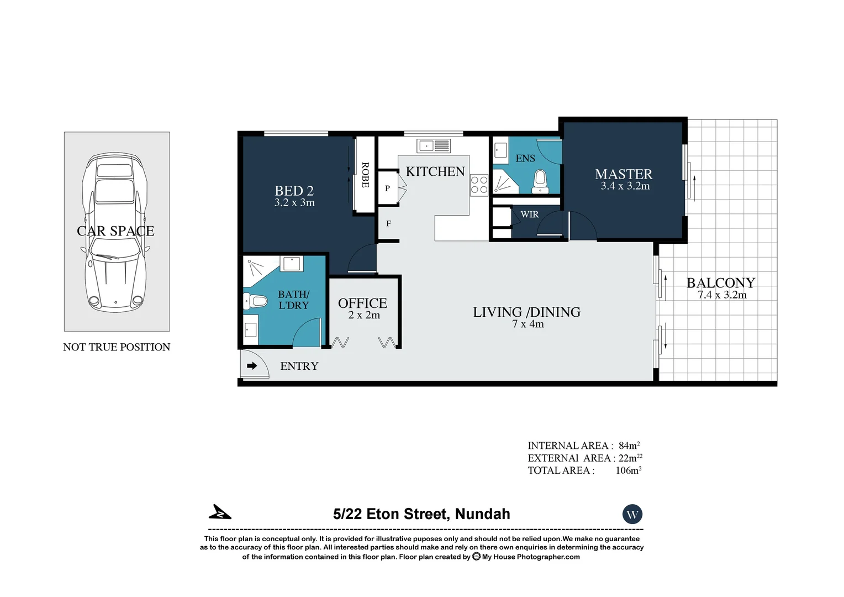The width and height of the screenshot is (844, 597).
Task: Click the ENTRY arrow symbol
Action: click(x=252, y=365)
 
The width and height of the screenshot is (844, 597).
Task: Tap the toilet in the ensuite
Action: click(x=539, y=181)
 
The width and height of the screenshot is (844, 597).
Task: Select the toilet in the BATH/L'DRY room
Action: click(x=255, y=302)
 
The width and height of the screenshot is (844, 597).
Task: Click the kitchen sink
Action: click(x=434, y=146)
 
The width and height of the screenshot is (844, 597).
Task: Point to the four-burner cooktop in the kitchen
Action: click(x=479, y=185)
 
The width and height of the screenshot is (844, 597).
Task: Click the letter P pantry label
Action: click(x=387, y=188)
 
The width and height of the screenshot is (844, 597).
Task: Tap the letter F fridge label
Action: click(x=388, y=224)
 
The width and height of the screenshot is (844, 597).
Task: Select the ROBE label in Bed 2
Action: click(x=365, y=175)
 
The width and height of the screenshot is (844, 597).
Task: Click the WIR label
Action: click(x=529, y=214)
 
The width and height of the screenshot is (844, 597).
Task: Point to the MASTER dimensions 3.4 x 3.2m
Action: click(x=625, y=186)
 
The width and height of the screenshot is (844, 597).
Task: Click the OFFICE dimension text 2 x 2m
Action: click(x=364, y=315)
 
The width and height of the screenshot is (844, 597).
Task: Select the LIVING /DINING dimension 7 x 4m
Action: click(x=527, y=324)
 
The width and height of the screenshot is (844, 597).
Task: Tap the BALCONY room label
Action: click(x=720, y=282)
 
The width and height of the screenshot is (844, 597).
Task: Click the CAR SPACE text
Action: click(x=115, y=231)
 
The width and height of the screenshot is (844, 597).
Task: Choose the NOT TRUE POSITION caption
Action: click(x=117, y=347)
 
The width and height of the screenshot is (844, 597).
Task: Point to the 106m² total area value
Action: click(x=628, y=470)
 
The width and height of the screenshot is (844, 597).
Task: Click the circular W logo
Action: click(x=632, y=515)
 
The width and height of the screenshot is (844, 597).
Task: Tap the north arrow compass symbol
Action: click(x=220, y=512)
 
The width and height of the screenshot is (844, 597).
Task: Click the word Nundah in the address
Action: click(x=482, y=514)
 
